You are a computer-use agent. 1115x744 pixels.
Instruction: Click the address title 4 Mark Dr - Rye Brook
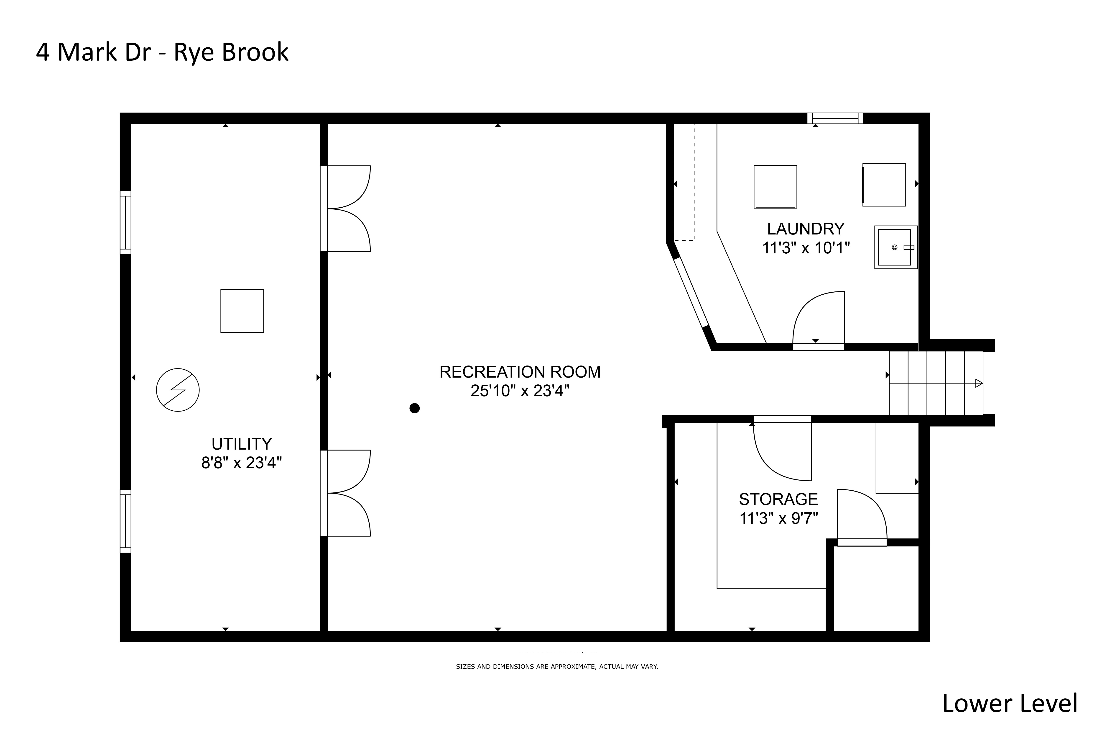tap(162, 52)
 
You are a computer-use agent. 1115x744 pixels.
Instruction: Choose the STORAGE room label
tap(778, 499)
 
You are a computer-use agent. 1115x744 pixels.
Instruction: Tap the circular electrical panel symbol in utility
tap(178, 390)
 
